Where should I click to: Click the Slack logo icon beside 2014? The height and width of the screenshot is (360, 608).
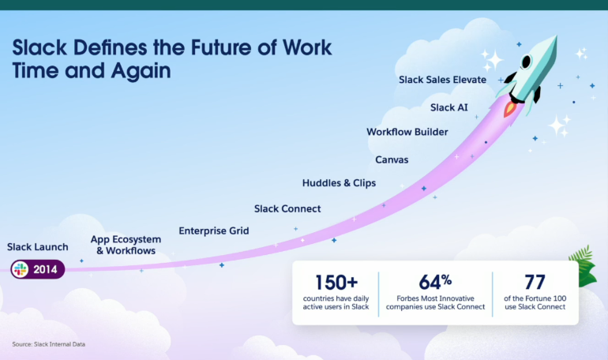[x=21, y=269]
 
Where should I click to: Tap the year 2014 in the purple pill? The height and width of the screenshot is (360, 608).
[x=45, y=269]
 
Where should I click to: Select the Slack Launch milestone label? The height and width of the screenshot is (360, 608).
[x=38, y=247]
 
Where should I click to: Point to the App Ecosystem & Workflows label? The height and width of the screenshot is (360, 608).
[x=126, y=245]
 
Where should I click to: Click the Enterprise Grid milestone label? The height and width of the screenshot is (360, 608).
[x=214, y=231]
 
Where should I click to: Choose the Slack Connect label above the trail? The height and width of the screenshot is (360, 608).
[x=287, y=208]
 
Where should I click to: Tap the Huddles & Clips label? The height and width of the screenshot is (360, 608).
[x=339, y=183]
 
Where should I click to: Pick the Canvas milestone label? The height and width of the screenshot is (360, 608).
[x=392, y=159]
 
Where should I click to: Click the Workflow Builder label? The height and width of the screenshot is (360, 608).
[x=407, y=132]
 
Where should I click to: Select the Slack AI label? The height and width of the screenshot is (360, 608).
[x=449, y=107]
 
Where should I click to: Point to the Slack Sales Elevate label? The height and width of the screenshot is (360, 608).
[x=442, y=80]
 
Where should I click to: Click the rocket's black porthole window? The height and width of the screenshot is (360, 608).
[x=526, y=62]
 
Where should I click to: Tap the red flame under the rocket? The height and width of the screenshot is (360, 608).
[x=509, y=109]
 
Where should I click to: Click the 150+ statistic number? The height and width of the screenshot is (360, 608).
[x=336, y=282]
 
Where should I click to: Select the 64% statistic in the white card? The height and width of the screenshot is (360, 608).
[x=435, y=282]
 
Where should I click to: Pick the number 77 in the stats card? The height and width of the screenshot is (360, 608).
[x=535, y=282]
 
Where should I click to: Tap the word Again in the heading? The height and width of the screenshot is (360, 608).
[x=141, y=71]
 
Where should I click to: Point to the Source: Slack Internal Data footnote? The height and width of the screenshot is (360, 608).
[x=48, y=344]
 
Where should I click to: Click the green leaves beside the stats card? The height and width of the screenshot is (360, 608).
[x=584, y=267]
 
